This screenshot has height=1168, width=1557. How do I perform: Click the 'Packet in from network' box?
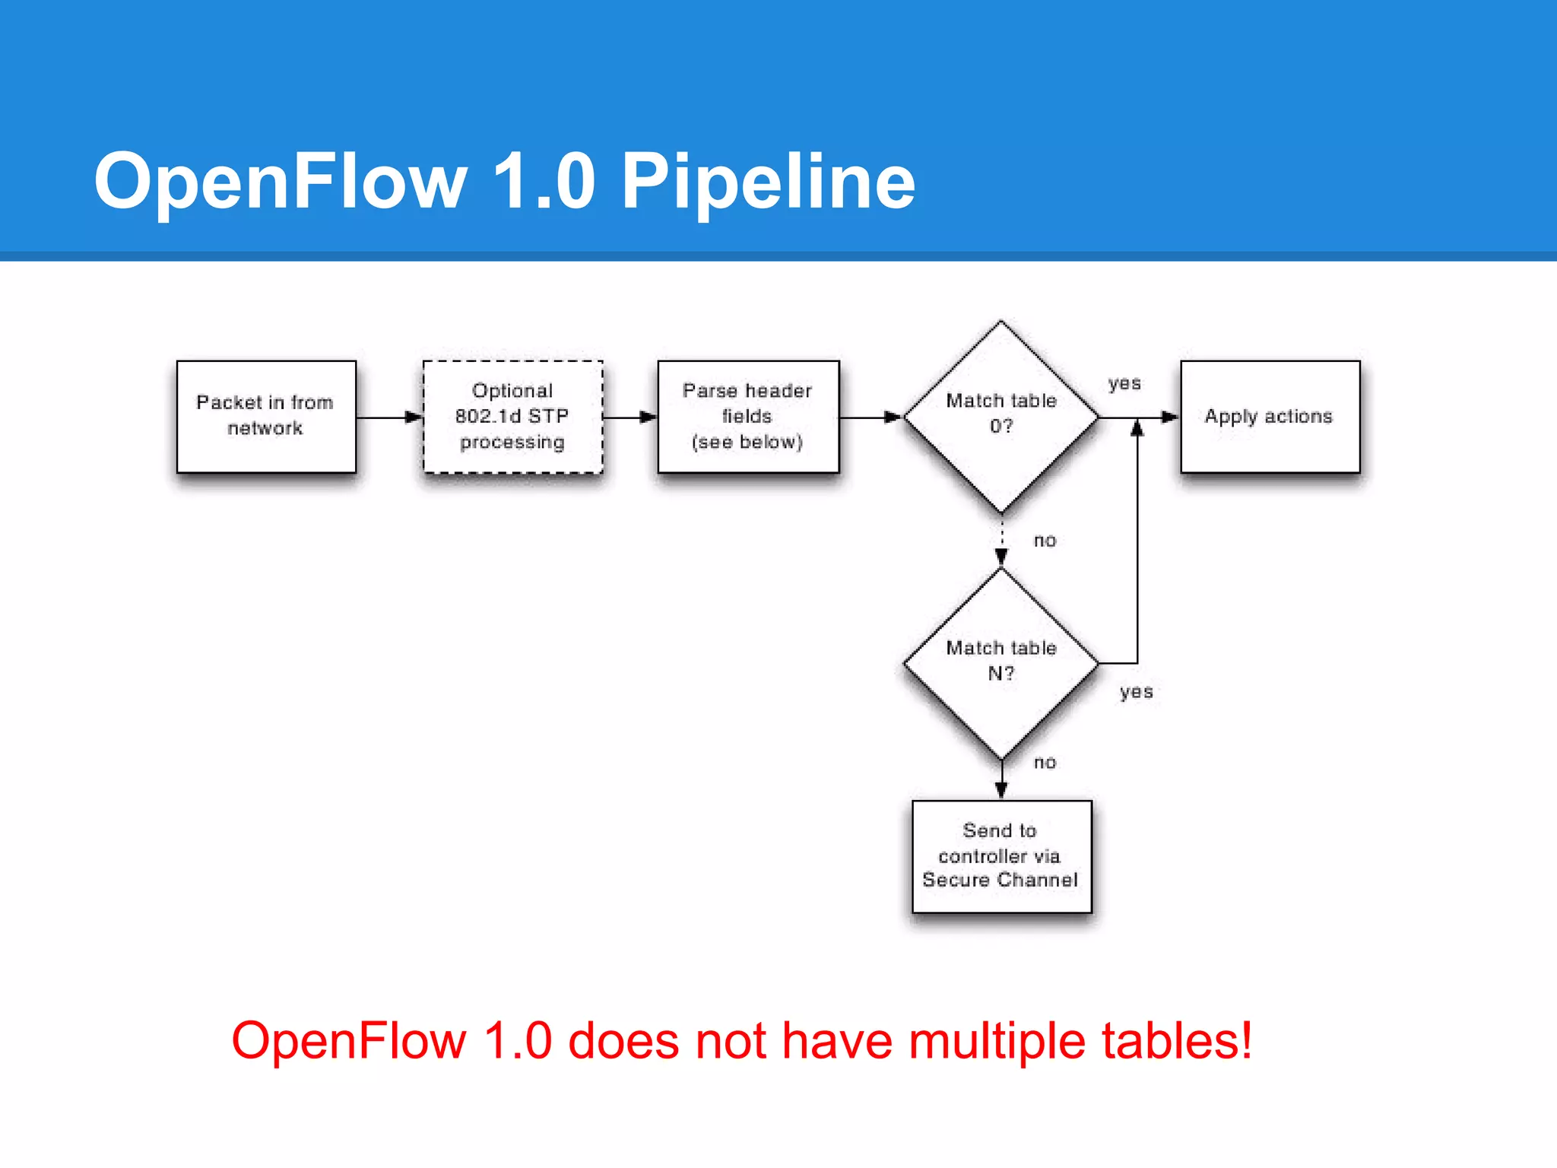pos(266,416)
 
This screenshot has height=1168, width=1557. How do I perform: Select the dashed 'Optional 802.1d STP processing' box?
pos(512,416)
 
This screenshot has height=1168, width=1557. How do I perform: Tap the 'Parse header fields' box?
pos(748,416)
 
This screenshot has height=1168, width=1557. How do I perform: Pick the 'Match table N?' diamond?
pos(1001,662)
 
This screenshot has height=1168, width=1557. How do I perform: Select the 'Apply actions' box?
pos(1270,416)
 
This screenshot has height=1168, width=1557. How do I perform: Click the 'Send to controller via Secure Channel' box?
pos(1001,855)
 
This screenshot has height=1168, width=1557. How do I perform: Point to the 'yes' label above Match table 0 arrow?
pos(1124,383)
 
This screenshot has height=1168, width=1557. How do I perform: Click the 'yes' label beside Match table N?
pos(1136,692)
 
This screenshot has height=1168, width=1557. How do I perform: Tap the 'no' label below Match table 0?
pos(1045,541)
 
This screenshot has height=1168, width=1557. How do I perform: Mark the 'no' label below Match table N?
pos(1045,763)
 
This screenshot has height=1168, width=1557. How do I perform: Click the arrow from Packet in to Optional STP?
pos(388,417)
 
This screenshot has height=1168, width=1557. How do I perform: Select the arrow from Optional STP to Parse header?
pos(629,417)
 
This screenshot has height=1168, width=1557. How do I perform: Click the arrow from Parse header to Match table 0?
pos(870,417)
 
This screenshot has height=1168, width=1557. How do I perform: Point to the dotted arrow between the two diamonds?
pos(1001,541)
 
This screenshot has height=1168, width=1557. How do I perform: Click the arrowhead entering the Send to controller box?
pos(1001,791)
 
